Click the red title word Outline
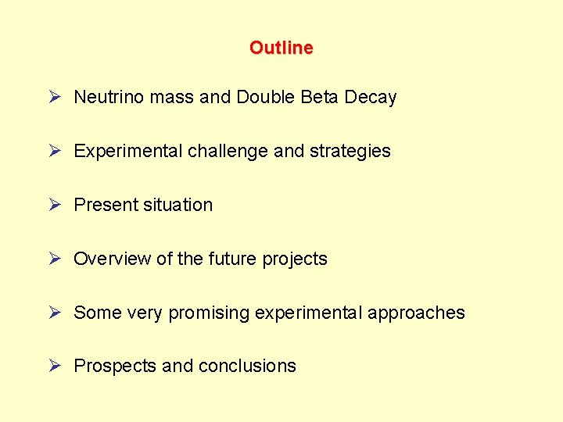(281, 48)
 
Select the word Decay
(371, 98)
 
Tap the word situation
(178, 205)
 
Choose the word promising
(209, 313)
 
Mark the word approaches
(416, 313)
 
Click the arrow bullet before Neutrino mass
(54, 97)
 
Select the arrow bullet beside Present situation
(54, 204)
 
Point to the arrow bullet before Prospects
(54, 365)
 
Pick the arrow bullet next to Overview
(54, 258)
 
